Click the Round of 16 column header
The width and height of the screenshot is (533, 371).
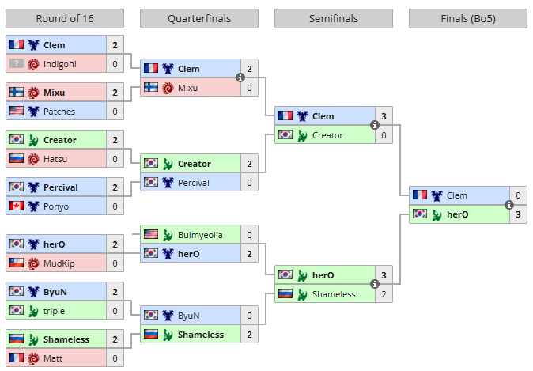pyautogui.click(x=65, y=19)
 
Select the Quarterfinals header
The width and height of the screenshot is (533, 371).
pyautogui.click(x=199, y=19)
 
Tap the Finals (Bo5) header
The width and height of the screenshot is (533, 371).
pyautogui.click(x=468, y=19)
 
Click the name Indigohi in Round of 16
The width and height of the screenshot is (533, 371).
pyautogui.click(x=61, y=64)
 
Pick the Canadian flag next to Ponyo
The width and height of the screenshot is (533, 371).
pyautogui.click(x=16, y=206)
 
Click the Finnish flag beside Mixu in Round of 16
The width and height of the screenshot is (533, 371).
pyautogui.click(x=16, y=93)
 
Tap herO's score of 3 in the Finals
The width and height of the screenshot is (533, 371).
pyautogui.click(x=518, y=214)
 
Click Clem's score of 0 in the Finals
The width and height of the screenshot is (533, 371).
pyautogui.click(x=518, y=195)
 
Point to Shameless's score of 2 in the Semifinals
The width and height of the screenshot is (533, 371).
pyautogui.click(x=384, y=294)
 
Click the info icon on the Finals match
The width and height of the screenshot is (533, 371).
pyautogui.click(x=509, y=205)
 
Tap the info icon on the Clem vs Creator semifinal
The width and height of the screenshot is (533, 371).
pyautogui.click(x=375, y=126)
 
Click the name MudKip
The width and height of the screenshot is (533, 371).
pyautogui.click(x=60, y=263)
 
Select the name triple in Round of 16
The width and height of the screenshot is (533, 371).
pyautogui.click(x=55, y=311)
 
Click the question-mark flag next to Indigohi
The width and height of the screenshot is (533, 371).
pyautogui.click(x=16, y=64)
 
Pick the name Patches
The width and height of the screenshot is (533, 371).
pyautogui.click(x=59, y=112)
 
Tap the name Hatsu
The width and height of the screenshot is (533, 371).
pyautogui.click(x=55, y=159)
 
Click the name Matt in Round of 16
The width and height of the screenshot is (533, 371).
pyautogui.click(x=54, y=358)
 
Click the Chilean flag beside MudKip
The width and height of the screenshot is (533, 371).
pyautogui.click(x=16, y=263)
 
